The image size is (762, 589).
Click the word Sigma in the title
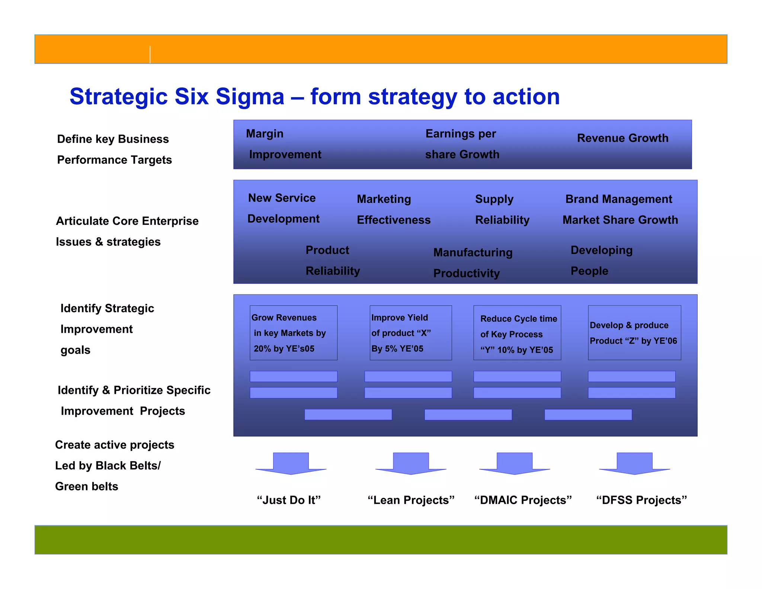[x=250, y=97]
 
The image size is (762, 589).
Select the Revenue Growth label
[x=622, y=138]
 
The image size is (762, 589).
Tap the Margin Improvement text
[x=284, y=144]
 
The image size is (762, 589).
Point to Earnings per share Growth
[x=462, y=144]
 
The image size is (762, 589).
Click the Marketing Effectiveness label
[x=393, y=210]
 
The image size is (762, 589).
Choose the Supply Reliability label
[x=502, y=210]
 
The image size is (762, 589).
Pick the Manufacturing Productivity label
[x=473, y=263]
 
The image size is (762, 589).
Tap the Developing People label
[x=601, y=261]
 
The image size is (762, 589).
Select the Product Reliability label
[x=333, y=261]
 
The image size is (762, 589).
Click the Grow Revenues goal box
[x=293, y=333]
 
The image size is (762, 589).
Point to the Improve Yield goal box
[x=410, y=333]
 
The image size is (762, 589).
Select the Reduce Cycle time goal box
[x=517, y=333]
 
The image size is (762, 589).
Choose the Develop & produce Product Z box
[x=634, y=333]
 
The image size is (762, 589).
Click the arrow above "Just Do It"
[x=291, y=464]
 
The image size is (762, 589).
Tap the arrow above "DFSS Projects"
[x=634, y=464]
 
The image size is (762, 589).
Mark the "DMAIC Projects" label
[x=523, y=500]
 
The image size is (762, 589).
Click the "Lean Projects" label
[x=411, y=500]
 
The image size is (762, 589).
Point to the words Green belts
[x=86, y=487]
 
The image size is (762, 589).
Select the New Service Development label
[x=283, y=208]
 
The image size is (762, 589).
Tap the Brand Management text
[x=618, y=199]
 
